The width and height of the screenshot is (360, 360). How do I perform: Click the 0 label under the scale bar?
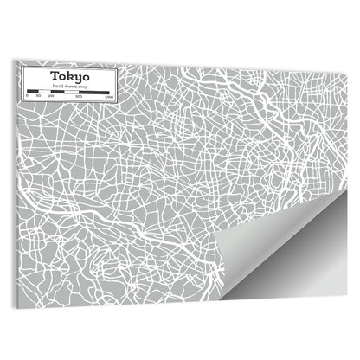pos(27,96)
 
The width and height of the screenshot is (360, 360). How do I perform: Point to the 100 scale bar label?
pos(48,96)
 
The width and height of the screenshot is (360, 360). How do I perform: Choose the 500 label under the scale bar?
pos(78,96)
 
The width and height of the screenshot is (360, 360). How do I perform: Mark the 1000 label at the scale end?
pos(107,96)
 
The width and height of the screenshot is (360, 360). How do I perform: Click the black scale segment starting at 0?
pos(31,91)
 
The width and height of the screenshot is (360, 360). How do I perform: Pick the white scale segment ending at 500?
pos(69,91)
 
